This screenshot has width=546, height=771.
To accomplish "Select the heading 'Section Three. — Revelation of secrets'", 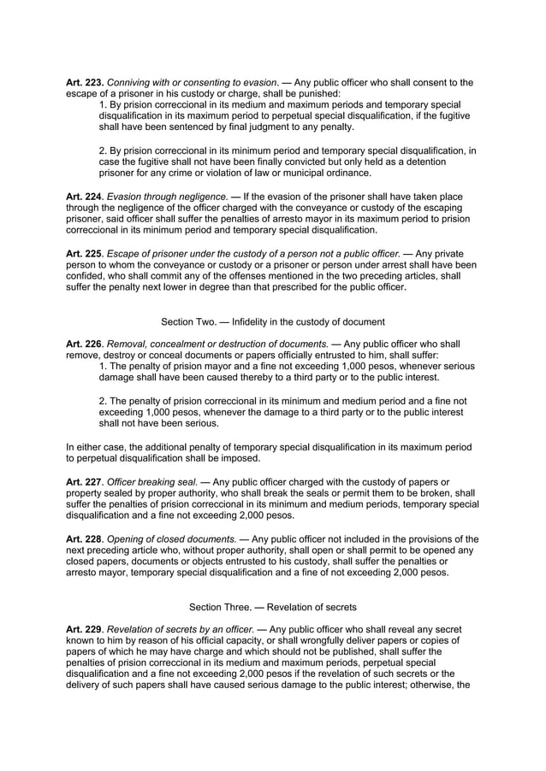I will click(x=272, y=607).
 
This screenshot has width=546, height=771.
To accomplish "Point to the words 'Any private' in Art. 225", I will click(x=449, y=254).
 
